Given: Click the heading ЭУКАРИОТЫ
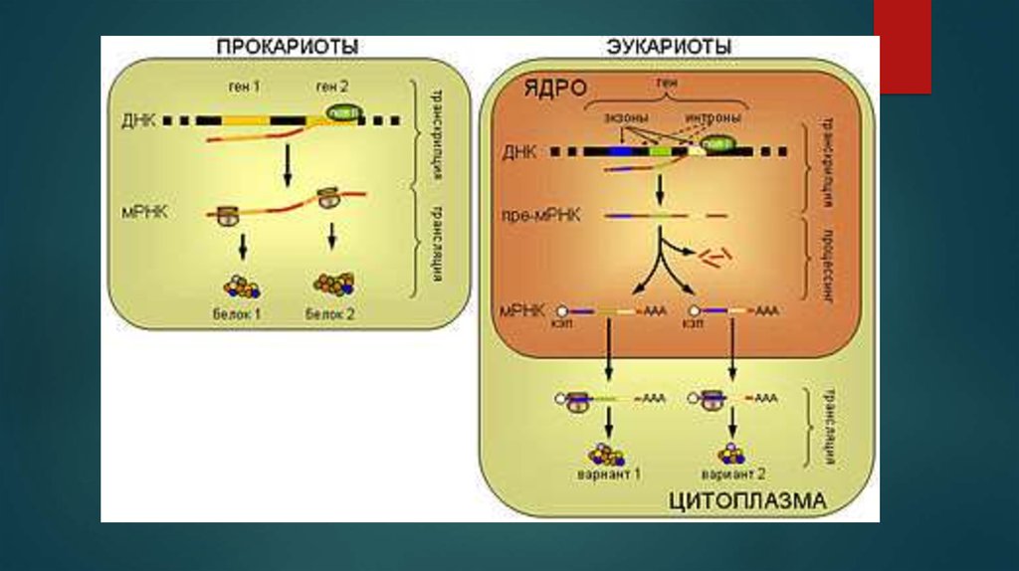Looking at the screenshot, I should click(669, 47).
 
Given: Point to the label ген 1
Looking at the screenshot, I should click(244, 87).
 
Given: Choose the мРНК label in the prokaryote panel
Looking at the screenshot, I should click(139, 212).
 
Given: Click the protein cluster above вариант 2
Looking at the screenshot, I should click(731, 454).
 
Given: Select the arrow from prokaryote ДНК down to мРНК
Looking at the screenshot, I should click(287, 164).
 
